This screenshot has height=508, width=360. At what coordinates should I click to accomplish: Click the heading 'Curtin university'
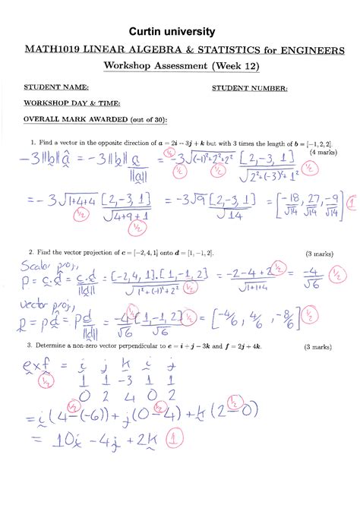coord(179,31)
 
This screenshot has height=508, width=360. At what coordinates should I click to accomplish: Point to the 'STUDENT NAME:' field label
coord(56,87)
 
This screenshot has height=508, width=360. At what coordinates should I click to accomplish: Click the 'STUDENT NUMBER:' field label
coord(250,88)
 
